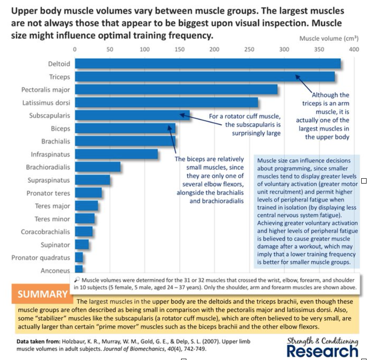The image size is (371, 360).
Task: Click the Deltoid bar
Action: [x=208, y=64]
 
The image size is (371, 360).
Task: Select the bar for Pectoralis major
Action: [x=176, y=90]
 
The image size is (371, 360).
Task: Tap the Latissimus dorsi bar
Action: [x=167, y=103]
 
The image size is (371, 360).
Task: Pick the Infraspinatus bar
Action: [x=117, y=154]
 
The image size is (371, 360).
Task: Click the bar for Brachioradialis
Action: [x=98, y=167]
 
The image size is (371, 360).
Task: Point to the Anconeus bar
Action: [x=79, y=270]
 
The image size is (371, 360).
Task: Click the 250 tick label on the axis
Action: [x=249, y=49]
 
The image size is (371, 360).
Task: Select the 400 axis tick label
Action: [x=354, y=49]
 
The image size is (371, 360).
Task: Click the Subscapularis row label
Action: [x=49, y=116]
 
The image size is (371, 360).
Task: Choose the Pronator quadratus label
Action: [x=41, y=258]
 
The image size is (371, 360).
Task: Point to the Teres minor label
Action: [x=52, y=219]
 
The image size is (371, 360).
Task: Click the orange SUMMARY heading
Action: [x=42, y=294]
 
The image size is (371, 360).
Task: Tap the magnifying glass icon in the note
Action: [x=77, y=280]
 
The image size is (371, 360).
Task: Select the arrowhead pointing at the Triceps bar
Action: [x=297, y=77]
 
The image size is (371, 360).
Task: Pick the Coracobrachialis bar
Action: [x=84, y=232]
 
